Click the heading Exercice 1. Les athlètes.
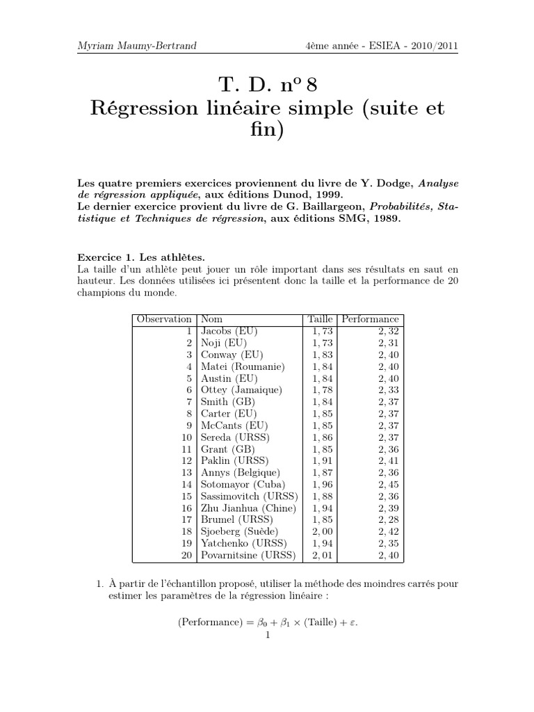click(x=141, y=257)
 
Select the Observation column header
click(x=164, y=319)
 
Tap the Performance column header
click(x=370, y=319)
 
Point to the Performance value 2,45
click(x=389, y=485)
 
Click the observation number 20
click(x=186, y=556)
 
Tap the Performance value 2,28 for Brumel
click(x=389, y=520)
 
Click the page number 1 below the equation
click(x=267, y=634)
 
